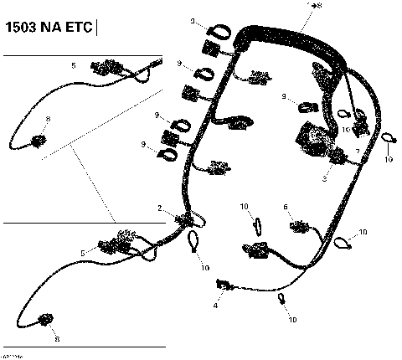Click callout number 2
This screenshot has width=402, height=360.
tap(160, 207)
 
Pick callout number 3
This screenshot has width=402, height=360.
tap(325, 178)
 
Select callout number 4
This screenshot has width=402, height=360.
tap(216, 306)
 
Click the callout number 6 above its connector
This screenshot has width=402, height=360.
tap(286, 206)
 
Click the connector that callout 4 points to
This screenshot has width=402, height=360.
tap(224, 285)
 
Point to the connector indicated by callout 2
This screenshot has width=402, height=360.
tap(183, 219)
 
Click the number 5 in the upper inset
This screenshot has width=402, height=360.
tap(73, 64)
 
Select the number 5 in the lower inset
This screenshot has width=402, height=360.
tap(81, 252)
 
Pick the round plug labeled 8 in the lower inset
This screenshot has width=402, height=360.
tap(46, 319)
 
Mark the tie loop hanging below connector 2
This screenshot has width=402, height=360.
tap(194, 243)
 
